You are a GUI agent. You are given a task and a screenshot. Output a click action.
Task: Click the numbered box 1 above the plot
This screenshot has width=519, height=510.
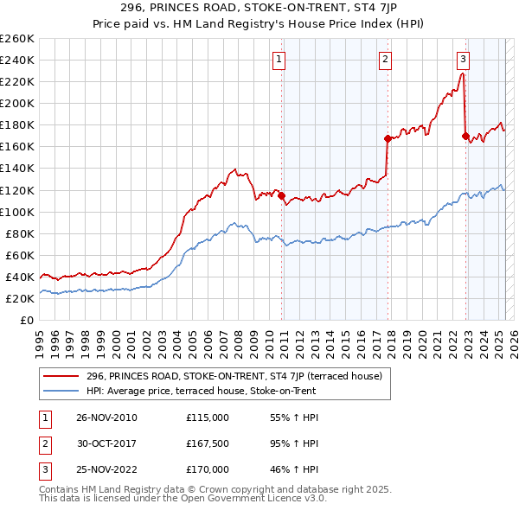click(x=281, y=60)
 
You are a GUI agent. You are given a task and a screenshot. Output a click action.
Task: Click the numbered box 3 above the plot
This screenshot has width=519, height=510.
click(x=464, y=60)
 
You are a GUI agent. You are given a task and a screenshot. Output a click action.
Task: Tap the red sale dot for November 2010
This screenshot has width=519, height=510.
click(x=282, y=195)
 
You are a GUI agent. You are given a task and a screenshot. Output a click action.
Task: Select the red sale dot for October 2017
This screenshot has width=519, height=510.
click(x=387, y=137)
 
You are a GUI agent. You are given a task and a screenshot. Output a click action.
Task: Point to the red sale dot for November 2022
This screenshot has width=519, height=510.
click(x=465, y=135)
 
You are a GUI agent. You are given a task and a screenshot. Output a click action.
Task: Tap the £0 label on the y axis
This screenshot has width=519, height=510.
click(x=27, y=320)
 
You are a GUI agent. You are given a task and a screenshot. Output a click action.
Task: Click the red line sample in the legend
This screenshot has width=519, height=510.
click(x=61, y=376)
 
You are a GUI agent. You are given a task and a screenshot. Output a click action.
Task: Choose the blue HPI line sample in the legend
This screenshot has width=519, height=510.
click(x=61, y=391)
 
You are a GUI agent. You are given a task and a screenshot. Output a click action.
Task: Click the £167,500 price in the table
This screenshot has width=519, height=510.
click(x=208, y=443)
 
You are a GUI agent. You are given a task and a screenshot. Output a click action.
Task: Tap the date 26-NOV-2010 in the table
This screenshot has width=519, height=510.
click(x=107, y=418)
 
